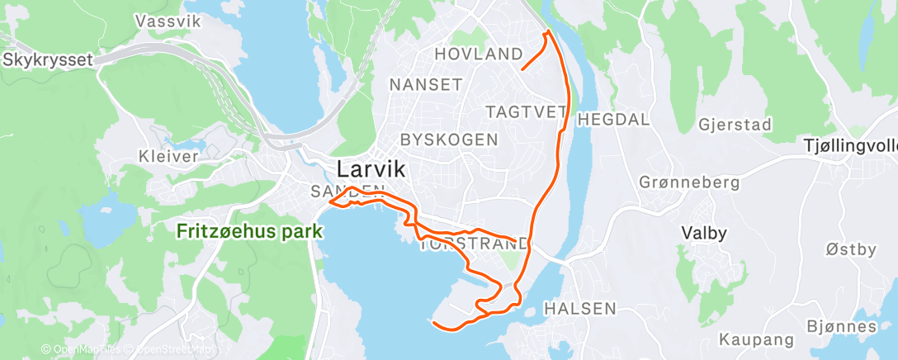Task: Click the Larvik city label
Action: (x=371, y=170)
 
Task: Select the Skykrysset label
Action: (x=46, y=59)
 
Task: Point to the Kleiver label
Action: (x=168, y=155)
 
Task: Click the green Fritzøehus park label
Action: (x=249, y=232)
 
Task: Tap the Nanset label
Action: (x=425, y=84)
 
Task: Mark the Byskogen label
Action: (x=449, y=139)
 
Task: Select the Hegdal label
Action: (x=613, y=120)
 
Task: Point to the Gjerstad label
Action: (x=734, y=125)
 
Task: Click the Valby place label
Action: (x=703, y=233)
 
